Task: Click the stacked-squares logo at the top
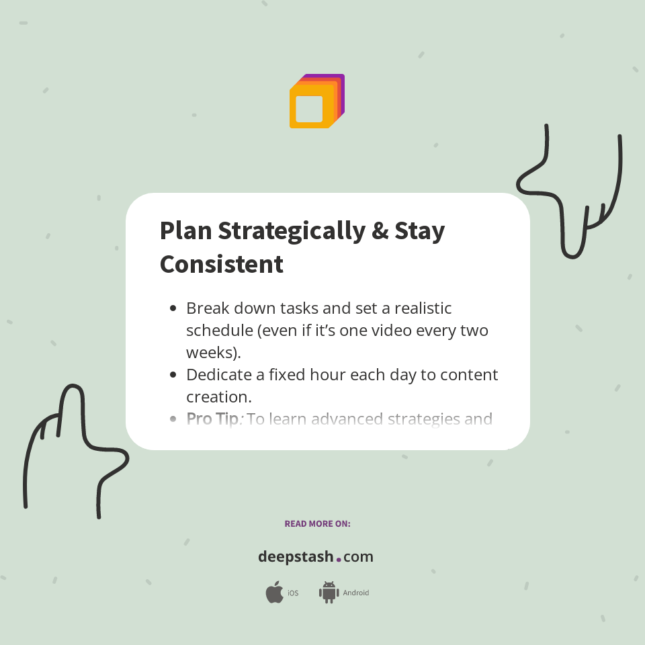coord(316,101)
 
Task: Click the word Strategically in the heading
coord(291,230)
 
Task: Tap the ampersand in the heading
coord(379,230)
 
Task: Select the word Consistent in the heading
coord(221,264)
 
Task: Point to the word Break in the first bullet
coord(208,308)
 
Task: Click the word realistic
coord(423,308)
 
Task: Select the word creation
coord(218,396)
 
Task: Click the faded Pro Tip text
coord(212,419)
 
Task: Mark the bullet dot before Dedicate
coord(173,375)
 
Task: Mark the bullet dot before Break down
coord(173,308)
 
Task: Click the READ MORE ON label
coord(317,523)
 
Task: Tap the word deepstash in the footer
coord(295,557)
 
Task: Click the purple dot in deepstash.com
coord(339,559)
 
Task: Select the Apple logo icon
coord(274,592)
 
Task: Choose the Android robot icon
coord(329,592)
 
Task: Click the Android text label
coord(356,593)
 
